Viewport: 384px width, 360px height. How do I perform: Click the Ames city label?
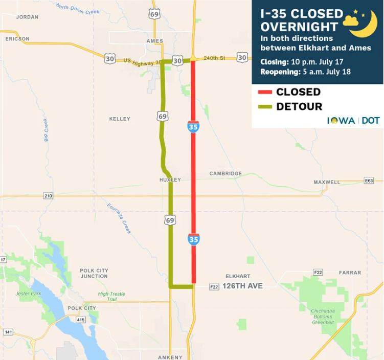(154, 41)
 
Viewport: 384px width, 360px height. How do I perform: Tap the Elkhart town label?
(238, 276)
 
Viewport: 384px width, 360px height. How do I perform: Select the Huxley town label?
(170, 180)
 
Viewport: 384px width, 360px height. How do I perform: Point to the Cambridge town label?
(225, 174)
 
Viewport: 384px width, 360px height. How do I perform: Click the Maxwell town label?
(327, 182)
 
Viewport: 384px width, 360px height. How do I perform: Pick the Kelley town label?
(120, 119)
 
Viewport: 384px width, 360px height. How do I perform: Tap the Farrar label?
(350, 273)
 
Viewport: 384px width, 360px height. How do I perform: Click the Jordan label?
(27, 17)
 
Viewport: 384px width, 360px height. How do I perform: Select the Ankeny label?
(170, 357)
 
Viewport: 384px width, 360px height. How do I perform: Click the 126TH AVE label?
(242, 286)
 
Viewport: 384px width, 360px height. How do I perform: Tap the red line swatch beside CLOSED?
(264, 93)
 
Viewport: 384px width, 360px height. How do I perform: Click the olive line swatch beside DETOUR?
(264, 107)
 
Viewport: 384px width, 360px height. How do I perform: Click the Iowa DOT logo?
(353, 120)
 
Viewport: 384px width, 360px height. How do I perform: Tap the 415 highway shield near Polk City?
(81, 320)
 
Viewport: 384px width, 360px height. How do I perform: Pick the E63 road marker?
(369, 181)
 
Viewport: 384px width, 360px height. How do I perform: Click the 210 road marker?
(48, 196)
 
